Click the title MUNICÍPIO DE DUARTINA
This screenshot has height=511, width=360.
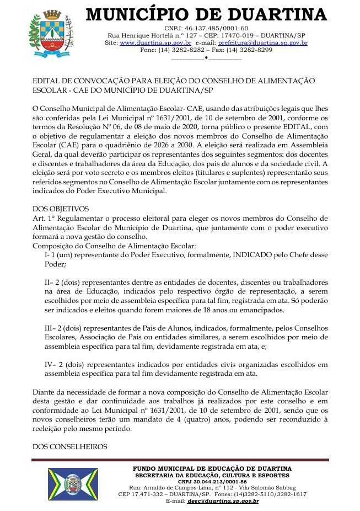pos(206,14)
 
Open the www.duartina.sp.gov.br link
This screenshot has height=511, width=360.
pos(155,42)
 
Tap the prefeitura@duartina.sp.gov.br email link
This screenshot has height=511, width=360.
pos(263,42)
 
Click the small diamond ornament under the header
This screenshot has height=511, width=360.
pos(206,57)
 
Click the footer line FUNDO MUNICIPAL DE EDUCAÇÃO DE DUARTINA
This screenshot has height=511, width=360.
pos(212,469)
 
